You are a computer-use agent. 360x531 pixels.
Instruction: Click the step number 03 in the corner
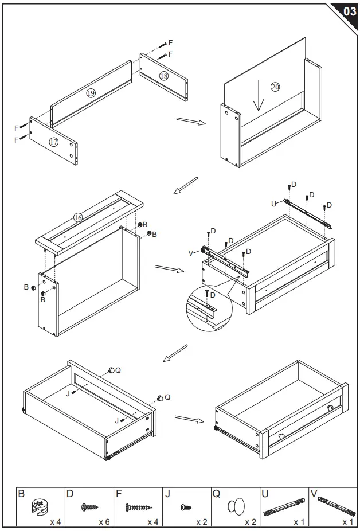(x=348, y=11)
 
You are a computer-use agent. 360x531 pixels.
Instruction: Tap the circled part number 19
(x=91, y=93)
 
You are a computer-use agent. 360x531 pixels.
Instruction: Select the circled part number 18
(x=164, y=76)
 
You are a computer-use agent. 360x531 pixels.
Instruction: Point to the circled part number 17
(x=53, y=142)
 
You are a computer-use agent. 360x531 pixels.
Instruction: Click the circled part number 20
(x=275, y=87)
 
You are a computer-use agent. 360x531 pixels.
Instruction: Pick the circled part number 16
(x=79, y=217)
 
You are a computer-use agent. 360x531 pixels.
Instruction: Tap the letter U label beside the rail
(x=274, y=203)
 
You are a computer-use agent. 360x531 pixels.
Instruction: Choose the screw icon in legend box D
(x=90, y=507)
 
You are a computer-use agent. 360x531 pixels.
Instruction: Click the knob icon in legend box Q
(x=236, y=507)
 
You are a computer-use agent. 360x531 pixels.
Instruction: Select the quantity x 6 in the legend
(x=104, y=522)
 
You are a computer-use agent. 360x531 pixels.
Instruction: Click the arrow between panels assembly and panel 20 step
(x=190, y=121)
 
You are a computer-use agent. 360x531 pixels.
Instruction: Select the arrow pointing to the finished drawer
(x=190, y=419)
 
